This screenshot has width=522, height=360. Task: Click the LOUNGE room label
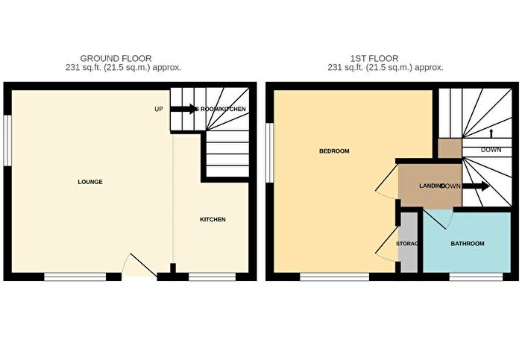[x=89, y=182]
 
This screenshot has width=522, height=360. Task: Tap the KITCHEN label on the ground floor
[x=213, y=219]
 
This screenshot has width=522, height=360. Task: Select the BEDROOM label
[x=334, y=151]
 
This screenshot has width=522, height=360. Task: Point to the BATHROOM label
[x=468, y=244]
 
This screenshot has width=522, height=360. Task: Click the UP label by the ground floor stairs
[x=158, y=110]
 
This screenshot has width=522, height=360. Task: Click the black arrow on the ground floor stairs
[x=183, y=110]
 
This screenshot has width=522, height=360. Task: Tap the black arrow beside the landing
[x=477, y=186]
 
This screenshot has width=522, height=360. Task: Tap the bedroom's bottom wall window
[x=334, y=277]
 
